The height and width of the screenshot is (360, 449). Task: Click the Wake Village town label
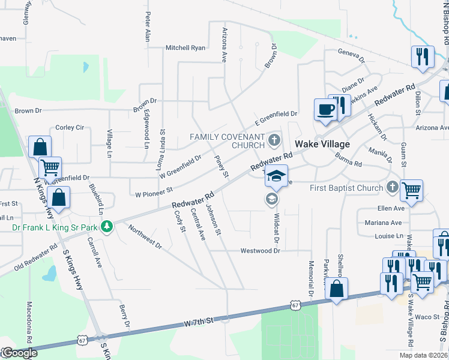coord(322,144)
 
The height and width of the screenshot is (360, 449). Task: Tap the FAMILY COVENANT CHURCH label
coord(228,141)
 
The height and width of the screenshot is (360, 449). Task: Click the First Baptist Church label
coord(346,188)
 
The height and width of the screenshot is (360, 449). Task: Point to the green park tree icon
coord(107,227)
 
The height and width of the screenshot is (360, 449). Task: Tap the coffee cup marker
coord(325,110)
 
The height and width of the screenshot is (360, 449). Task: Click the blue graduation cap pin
coord(276,176)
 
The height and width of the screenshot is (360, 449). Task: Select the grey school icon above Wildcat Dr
coord(271,199)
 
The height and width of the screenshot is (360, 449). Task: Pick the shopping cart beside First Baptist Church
coord(411,190)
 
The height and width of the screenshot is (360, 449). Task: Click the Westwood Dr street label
coord(261,251)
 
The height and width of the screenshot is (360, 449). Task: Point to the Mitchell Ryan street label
coord(185,48)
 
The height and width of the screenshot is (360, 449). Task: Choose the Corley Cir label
coord(70,128)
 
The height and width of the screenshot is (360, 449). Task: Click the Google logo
coord(19,353)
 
